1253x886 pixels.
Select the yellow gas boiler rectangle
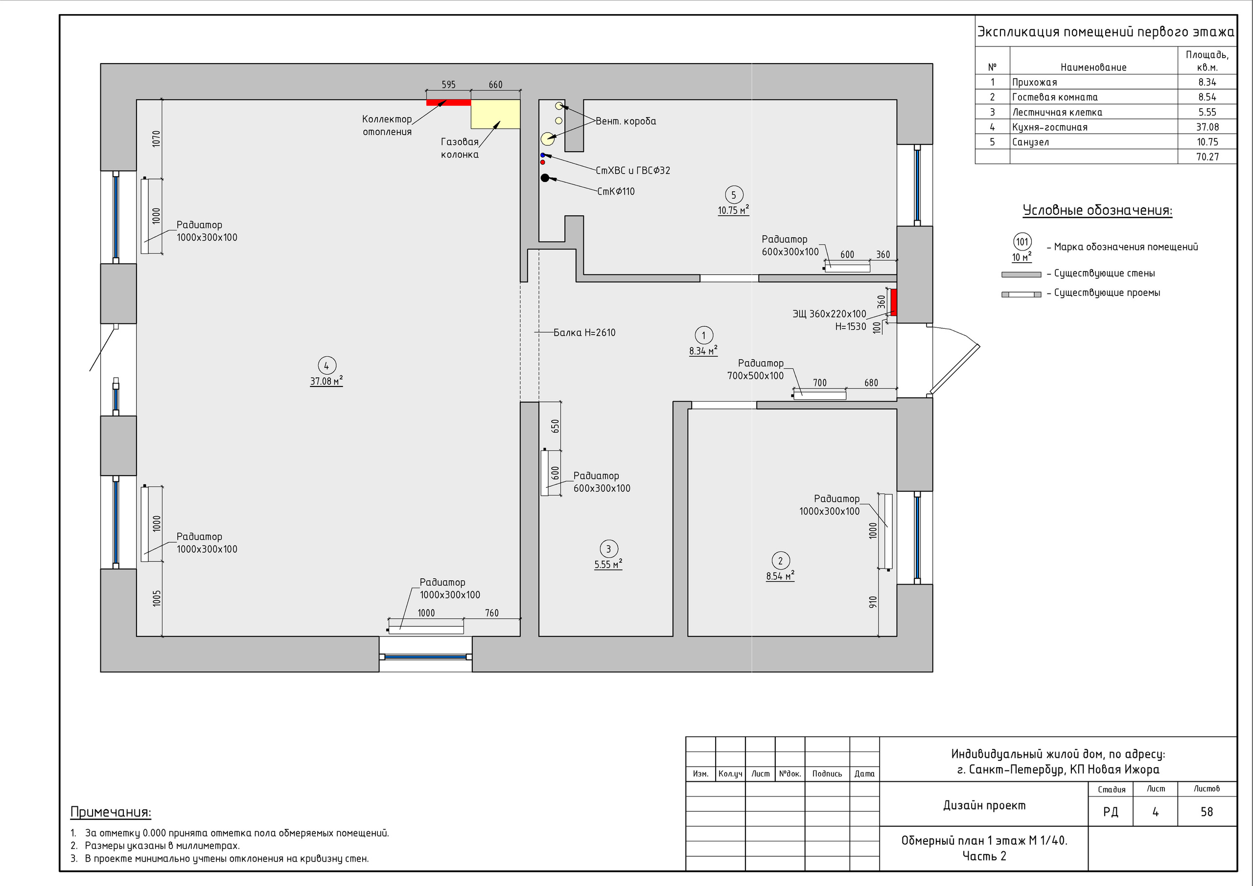pos(495,114)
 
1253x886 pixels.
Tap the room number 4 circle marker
pos(326,365)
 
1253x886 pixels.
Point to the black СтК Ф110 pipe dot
pos(545,178)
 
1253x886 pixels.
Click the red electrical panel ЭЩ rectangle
pos(893,302)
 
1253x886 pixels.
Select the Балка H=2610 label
pos(584,332)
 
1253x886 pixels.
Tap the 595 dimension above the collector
pos(449,85)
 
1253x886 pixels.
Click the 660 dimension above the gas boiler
pos(495,85)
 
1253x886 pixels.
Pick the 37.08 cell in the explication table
pos(1207,127)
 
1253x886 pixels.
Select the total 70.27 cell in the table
pos(1207,157)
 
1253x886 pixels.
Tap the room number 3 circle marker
pos(608,549)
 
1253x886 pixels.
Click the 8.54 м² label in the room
pos(780,575)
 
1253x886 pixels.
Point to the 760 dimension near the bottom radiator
pos(492,613)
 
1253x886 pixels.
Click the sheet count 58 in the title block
pos(1207,812)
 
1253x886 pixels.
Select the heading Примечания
pos(111,812)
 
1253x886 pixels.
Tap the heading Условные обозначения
pos(1097,210)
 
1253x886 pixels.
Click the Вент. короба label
pos(626,121)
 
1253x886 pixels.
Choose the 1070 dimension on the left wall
pos(157,138)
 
